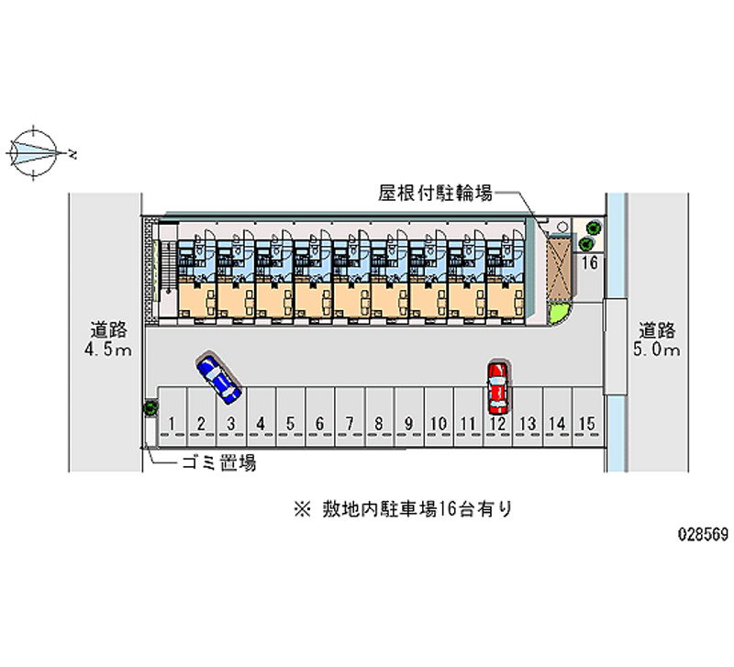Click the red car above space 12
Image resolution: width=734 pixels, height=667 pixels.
point(497,385)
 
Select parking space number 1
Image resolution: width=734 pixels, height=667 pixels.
point(172,423)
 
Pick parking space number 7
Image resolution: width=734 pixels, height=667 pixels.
point(350,423)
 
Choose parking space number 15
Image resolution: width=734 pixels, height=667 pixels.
point(586,423)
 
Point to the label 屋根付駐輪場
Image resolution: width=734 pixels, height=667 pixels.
point(436,193)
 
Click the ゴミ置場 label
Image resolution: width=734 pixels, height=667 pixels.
point(217,463)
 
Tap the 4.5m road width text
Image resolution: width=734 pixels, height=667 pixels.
point(107,350)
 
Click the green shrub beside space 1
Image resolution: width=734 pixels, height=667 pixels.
point(149,409)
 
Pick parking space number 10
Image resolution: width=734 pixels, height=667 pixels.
point(438,423)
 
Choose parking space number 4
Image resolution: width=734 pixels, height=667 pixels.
point(261,423)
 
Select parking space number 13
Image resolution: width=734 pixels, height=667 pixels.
point(526,423)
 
